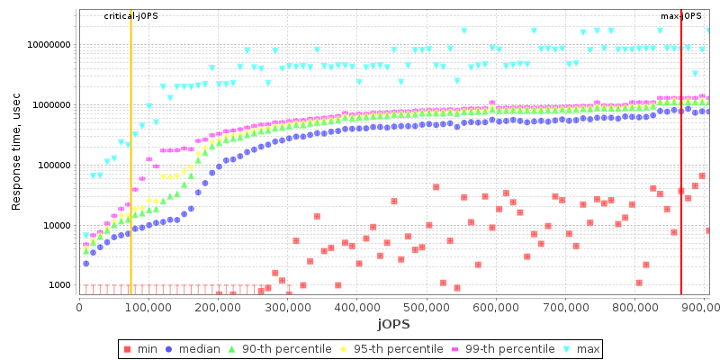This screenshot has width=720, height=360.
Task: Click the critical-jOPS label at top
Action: tap(130, 16)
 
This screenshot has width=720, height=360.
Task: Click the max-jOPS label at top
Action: tap(680, 16)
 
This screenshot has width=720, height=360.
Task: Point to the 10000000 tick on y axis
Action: tap(49, 45)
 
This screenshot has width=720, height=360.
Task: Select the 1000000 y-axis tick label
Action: tap(51, 105)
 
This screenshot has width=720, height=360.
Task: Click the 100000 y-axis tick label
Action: tap(54, 166)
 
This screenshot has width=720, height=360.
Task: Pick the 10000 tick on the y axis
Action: tap(57, 226)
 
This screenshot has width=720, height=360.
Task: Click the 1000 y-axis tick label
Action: tap(59, 285)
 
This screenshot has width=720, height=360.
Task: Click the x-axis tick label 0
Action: tap(80, 307)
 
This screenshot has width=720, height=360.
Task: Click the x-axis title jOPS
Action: tap(393, 322)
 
